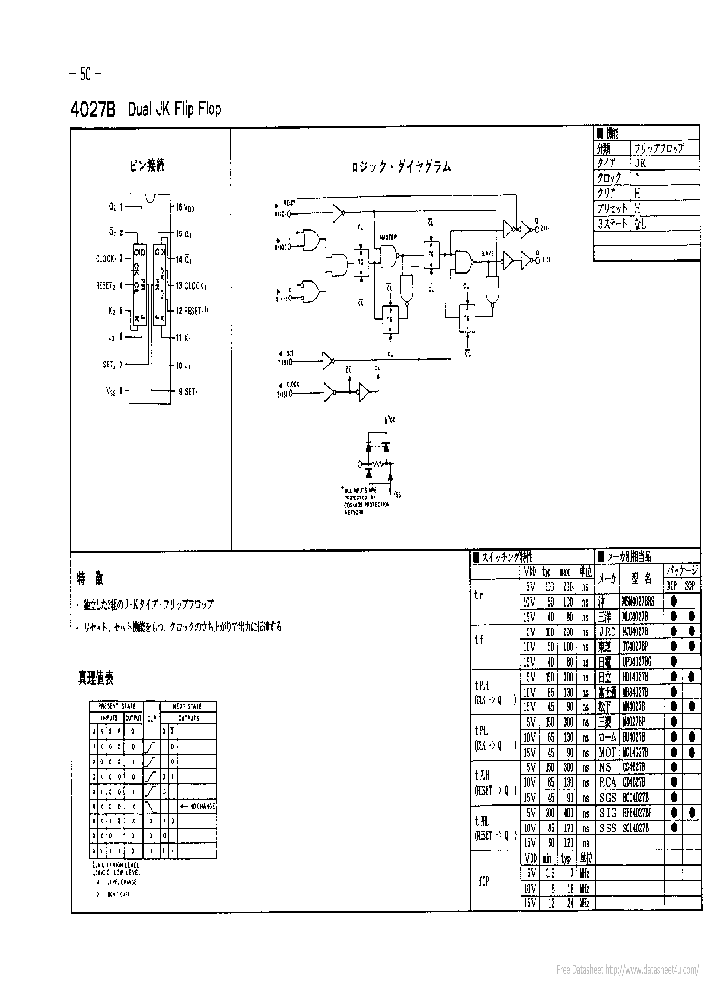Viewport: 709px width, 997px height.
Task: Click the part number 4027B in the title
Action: click(x=94, y=110)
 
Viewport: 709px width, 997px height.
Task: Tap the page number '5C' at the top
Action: click(x=86, y=74)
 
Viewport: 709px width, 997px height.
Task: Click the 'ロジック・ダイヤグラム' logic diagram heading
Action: click(x=401, y=167)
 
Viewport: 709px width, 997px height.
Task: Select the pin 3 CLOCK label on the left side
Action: click(x=109, y=259)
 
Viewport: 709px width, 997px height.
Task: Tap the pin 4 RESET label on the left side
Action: click(x=109, y=286)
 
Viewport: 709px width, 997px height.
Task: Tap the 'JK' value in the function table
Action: click(x=640, y=163)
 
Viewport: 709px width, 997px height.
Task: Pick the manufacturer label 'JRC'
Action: click(x=608, y=631)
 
